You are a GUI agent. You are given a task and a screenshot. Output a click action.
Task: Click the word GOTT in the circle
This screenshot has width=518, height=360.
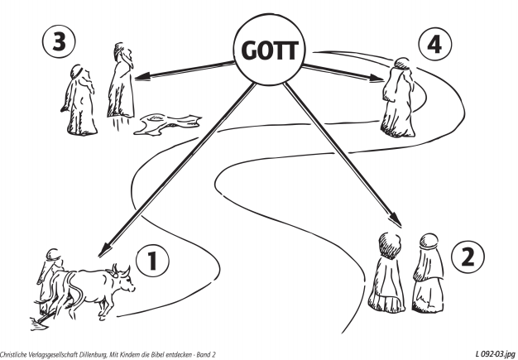pyautogui.click(x=268, y=51)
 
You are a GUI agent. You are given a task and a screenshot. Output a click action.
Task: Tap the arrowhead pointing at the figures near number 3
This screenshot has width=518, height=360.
pyautogui.click(x=142, y=78)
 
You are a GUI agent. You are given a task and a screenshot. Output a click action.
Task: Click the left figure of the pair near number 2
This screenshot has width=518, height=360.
pyautogui.click(x=389, y=272)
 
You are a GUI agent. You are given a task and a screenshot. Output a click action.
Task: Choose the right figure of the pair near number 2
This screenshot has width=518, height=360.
pyautogui.click(x=427, y=273)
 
